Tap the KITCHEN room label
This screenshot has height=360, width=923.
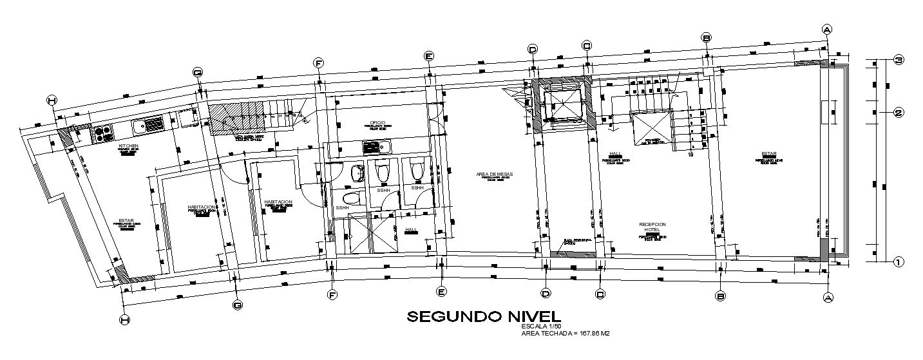click(128, 146)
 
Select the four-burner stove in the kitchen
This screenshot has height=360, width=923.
click(103, 133)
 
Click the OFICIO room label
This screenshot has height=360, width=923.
click(377, 122)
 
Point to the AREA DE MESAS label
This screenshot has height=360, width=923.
click(494, 175)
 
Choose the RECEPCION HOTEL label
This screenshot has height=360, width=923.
click(652, 227)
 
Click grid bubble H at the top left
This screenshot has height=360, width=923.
click(52, 100)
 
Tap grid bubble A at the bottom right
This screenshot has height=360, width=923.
click(828, 297)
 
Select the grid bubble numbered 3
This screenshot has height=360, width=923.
click(900, 60)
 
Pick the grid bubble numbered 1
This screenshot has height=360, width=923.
click(900, 261)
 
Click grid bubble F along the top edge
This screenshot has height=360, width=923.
click(318, 62)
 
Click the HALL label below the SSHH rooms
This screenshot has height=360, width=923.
click(411, 230)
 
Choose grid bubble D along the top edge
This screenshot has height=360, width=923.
click(533, 49)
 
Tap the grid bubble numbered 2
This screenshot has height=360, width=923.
click(900, 113)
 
